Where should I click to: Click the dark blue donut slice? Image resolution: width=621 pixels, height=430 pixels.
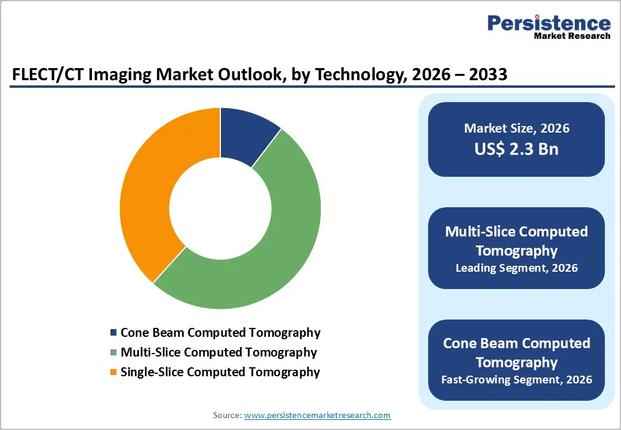[x=246, y=135]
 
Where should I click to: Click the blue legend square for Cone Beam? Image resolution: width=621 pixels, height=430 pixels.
[x=113, y=333]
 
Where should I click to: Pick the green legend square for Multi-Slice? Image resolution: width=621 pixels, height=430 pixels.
[x=113, y=352]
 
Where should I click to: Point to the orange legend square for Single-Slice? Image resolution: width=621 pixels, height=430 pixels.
[x=113, y=372]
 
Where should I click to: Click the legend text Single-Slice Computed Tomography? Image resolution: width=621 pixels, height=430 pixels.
[x=220, y=372]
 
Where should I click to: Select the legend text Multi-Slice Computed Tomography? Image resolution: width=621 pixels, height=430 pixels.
[x=219, y=352]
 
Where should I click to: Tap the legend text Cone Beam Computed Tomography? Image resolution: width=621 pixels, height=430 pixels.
[x=220, y=333]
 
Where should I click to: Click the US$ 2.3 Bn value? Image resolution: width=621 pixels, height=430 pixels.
[x=517, y=149]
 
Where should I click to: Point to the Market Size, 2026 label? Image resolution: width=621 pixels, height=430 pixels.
[x=517, y=128]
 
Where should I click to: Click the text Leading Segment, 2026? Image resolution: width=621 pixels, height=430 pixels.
[x=517, y=268]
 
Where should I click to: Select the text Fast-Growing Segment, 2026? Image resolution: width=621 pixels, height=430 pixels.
[x=517, y=379]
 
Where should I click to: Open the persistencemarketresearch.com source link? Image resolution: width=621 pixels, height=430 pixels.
[x=317, y=415]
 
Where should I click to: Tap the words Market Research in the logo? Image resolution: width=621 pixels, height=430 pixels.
[x=572, y=36]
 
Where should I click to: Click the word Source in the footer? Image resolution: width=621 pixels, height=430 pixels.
[x=226, y=415]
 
